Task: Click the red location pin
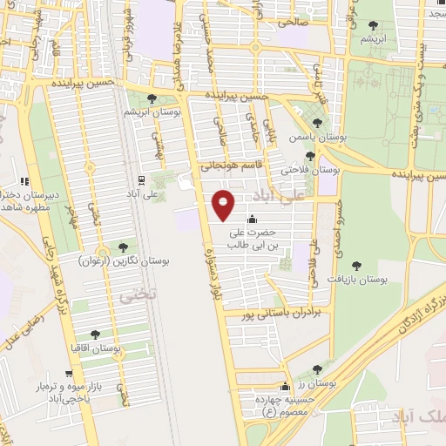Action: tap(224, 204)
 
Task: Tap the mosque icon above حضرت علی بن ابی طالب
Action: tap(253, 219)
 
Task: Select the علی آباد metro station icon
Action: tap(140, 180)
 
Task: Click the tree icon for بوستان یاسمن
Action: tap(318, 123)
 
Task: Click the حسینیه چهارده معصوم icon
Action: tap(284, 387)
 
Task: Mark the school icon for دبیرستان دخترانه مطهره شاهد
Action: tap(24, 181)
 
